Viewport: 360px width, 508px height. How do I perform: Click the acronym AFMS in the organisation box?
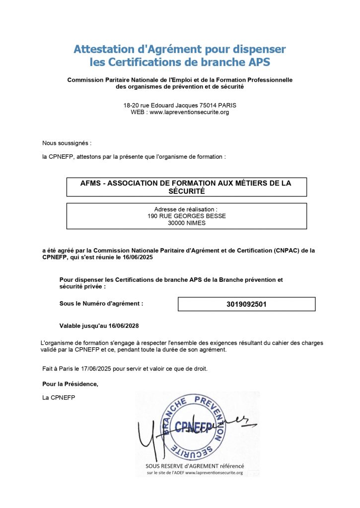point(90,183)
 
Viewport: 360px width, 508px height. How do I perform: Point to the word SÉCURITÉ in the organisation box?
point(186,191)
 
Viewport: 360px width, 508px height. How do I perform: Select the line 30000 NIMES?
point(186,223)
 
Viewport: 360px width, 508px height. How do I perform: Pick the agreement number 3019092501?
point(246,304)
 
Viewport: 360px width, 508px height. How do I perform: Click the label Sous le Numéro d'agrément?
point(101,303)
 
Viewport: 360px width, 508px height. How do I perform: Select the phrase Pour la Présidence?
point(71,384)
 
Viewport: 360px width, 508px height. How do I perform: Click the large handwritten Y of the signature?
point(146,437)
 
